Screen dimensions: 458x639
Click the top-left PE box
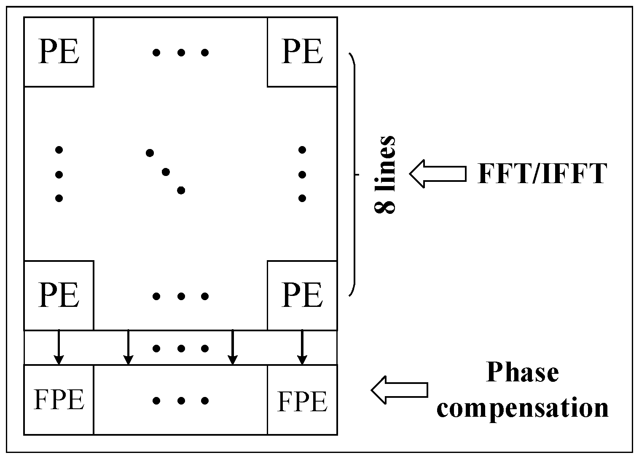pos(59,52)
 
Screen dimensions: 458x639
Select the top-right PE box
pos(302,52)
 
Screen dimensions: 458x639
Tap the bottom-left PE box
pos(59,296)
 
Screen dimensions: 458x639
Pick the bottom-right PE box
pos(302,296)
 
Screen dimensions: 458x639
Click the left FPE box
pos(59,399)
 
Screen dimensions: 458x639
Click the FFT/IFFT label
pos(542,173)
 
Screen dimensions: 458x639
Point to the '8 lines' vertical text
pos(385,174)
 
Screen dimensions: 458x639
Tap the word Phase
pos(523,373)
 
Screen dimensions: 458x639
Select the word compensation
pos(523,407)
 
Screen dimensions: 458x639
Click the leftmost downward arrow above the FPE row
pos(59,348)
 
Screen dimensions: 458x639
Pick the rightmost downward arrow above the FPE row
pos(302,348)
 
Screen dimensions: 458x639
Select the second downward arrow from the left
pos(128,348)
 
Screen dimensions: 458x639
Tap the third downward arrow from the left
pos(232,348)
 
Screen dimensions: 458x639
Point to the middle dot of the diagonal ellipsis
pos(166,172)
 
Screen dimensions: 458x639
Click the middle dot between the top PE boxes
pos(181,53)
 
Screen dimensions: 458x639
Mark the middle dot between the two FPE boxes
pos(181,401)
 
